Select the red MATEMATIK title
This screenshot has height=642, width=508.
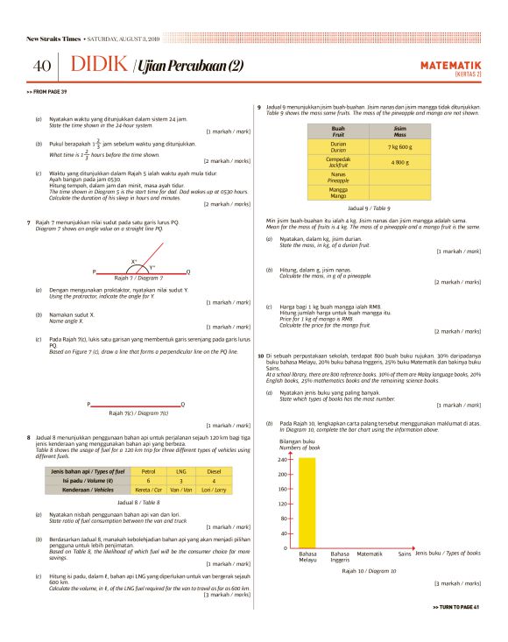tap(451, 64)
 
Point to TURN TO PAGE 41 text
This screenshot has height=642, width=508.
tap(456, 607)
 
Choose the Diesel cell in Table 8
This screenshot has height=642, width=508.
tap(213, 472)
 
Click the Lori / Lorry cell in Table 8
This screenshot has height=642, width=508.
tap(213, 490)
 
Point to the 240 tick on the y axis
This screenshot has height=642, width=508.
tap(282, 459)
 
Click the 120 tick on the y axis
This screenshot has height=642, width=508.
tap(282, 504)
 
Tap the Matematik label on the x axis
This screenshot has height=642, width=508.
tap(370, 554)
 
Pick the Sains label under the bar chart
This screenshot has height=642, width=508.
tap(405, 554)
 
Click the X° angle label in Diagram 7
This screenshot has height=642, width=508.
tap(134, 261)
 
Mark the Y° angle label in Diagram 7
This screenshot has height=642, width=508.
tap(152, 268)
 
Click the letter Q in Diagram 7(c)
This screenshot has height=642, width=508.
tap(182, 404)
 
